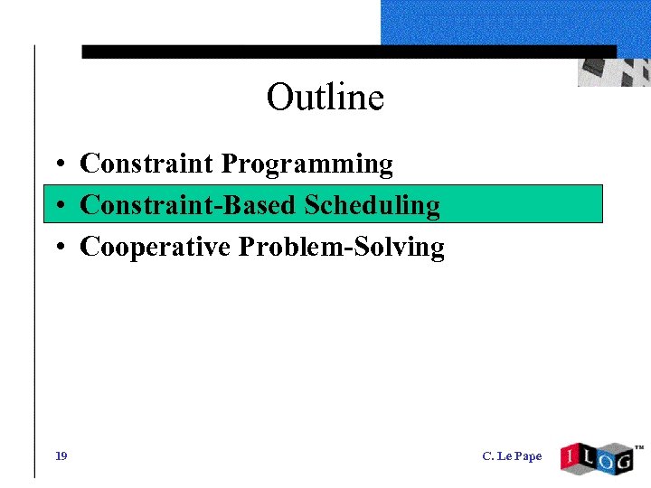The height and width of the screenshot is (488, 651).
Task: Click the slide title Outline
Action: click(325, 97)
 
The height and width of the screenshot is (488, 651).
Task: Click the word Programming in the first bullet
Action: click(307, 164)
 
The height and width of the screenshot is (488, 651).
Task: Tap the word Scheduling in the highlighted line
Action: click(372, 205)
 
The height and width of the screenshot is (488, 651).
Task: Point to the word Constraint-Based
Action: click(188, 205)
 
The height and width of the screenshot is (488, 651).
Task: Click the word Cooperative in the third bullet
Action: click(155, 247)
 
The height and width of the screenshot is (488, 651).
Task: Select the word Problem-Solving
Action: click(341, 248)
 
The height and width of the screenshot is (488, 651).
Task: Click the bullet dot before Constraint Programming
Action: click(57, 165)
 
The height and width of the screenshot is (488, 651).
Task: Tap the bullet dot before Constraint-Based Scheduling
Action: click(57, 207)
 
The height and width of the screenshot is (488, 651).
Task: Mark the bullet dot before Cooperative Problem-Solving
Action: click(57, 249)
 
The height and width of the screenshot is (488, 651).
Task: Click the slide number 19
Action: click(61, 455)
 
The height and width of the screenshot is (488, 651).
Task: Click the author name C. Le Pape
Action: click(512, 456)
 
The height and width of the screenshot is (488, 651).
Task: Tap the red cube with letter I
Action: click(571, 458)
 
